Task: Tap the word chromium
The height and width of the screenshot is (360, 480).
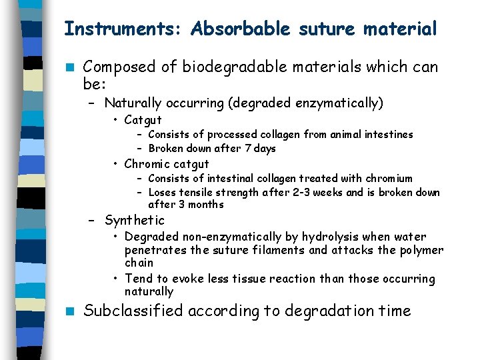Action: tap(389, 179)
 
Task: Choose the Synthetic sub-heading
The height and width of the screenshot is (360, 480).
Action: tap(134, 220)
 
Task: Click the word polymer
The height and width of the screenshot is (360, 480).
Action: tap(419, 250)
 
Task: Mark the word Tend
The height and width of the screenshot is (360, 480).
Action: tap(138, 279)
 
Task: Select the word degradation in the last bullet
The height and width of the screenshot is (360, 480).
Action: tap(314, 311)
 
